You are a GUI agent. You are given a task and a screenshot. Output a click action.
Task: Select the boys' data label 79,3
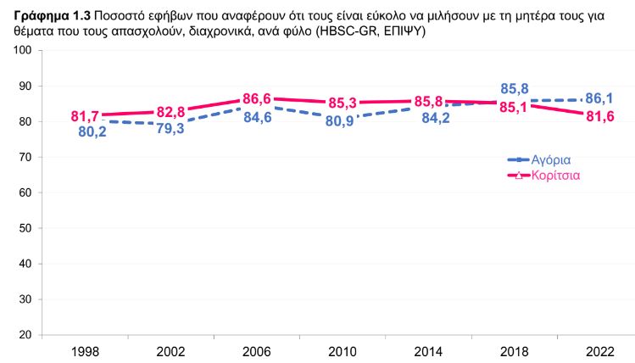[174, 129]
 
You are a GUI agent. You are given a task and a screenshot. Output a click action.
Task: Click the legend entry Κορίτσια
[556, 176]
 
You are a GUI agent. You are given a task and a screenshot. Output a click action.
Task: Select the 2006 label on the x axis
[257, 351]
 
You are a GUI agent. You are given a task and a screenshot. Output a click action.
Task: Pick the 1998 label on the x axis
[85, 351]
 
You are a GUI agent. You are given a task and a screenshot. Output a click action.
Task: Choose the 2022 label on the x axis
[600, 351]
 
